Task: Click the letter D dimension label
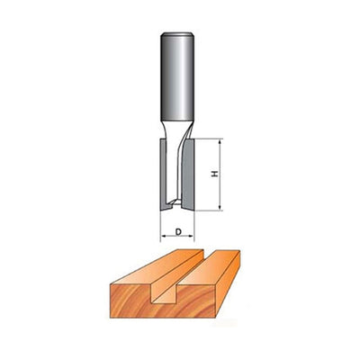point(180,232)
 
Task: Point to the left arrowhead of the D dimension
point(163,238)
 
